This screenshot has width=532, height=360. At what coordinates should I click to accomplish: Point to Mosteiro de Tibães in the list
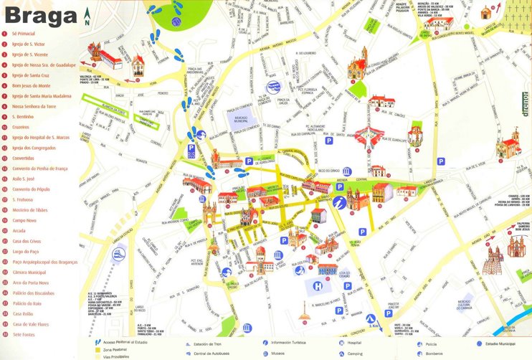coord(29,211)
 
